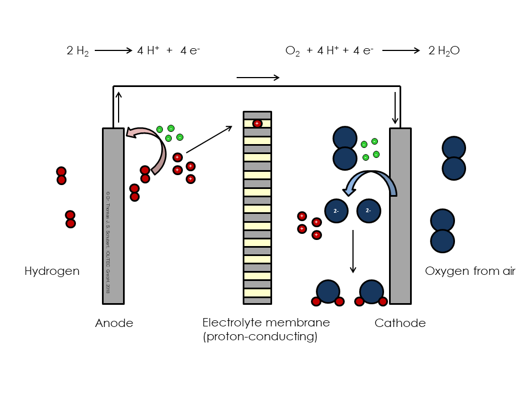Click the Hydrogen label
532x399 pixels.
coord(52,271)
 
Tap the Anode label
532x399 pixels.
coord(114,323)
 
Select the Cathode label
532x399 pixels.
coord(400,323)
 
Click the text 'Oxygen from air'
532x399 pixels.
coord(470,271)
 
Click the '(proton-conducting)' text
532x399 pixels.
coord(260,336)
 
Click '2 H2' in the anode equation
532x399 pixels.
coord(78,51)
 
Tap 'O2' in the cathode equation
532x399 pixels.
coord(292,51)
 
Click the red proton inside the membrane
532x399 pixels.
coord(257,124)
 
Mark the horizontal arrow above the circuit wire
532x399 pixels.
coord(258,78)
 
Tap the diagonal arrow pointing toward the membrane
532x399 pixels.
coord(209,140)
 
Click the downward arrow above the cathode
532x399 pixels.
coord(395,108)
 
